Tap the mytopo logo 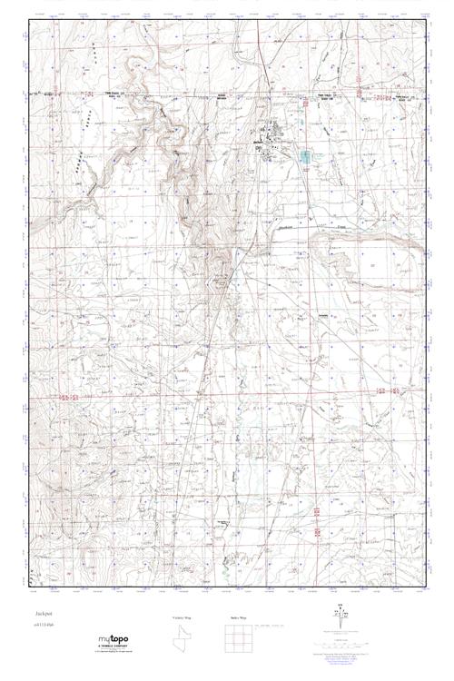[113, 639]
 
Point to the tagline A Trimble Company [114, 646]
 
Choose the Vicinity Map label [183, 617]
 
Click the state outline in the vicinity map [183, 640]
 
